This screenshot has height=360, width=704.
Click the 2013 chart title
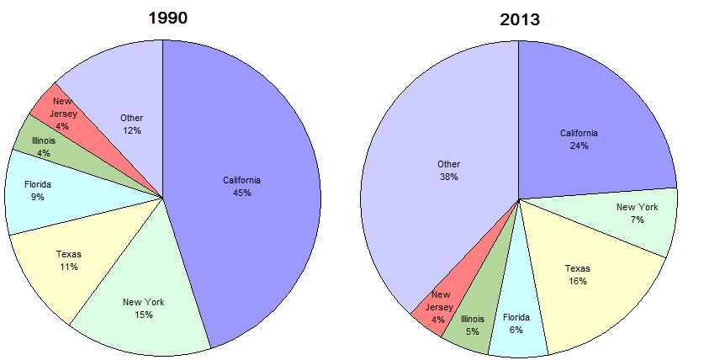click(518, 19)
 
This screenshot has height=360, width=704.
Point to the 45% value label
click(243, 193)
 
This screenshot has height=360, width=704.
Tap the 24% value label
click(579, 146)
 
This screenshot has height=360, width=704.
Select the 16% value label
click(577, 280)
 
